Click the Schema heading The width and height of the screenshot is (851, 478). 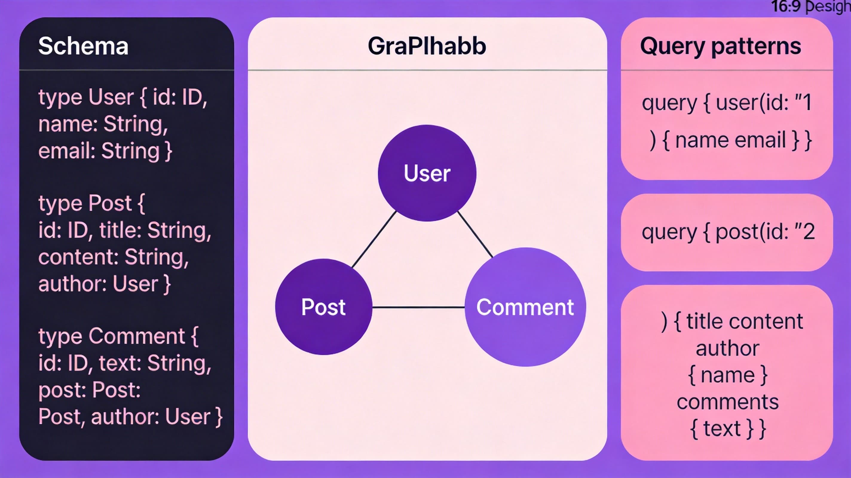83,46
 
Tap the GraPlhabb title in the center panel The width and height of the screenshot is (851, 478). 427,46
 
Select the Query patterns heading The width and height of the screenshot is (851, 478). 720,46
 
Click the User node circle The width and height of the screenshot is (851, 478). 427,173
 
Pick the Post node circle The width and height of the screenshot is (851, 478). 323,307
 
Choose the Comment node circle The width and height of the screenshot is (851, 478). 525,307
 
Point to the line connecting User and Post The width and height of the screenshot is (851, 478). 374,240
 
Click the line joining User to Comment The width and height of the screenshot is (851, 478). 475,234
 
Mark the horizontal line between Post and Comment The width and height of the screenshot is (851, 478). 418,307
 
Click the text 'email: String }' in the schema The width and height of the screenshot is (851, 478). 105,151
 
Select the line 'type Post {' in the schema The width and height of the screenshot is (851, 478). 91,203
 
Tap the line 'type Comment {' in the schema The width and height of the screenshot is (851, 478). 118,336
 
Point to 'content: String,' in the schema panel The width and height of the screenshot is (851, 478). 113,257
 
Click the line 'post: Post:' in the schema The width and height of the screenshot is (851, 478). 89,390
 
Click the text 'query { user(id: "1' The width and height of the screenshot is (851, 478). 726,102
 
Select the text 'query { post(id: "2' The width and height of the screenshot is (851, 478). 728,232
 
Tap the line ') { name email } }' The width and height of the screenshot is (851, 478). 730,140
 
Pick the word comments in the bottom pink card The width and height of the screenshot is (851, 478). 728,402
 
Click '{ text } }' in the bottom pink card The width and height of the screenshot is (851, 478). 728,429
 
